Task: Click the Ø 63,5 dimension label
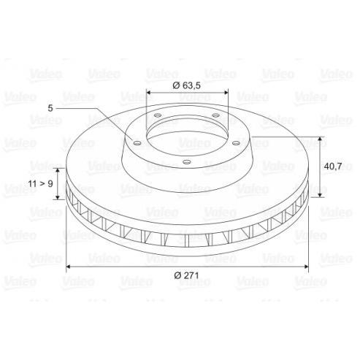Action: [x=186, y=85]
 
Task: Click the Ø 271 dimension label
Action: [x=186, y=275]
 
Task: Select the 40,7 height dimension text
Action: [x=333, y=166]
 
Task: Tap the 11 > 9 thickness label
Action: [x=40, y=183]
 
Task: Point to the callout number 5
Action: [x=50, y=108]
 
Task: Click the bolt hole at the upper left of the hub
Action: [x=158, y=115]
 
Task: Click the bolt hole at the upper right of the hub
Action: [x=215, y=115]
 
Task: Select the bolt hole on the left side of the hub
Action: [x=137, y=143]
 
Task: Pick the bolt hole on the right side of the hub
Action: [x=236, y=143]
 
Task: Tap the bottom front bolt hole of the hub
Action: [x=187, y=161]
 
